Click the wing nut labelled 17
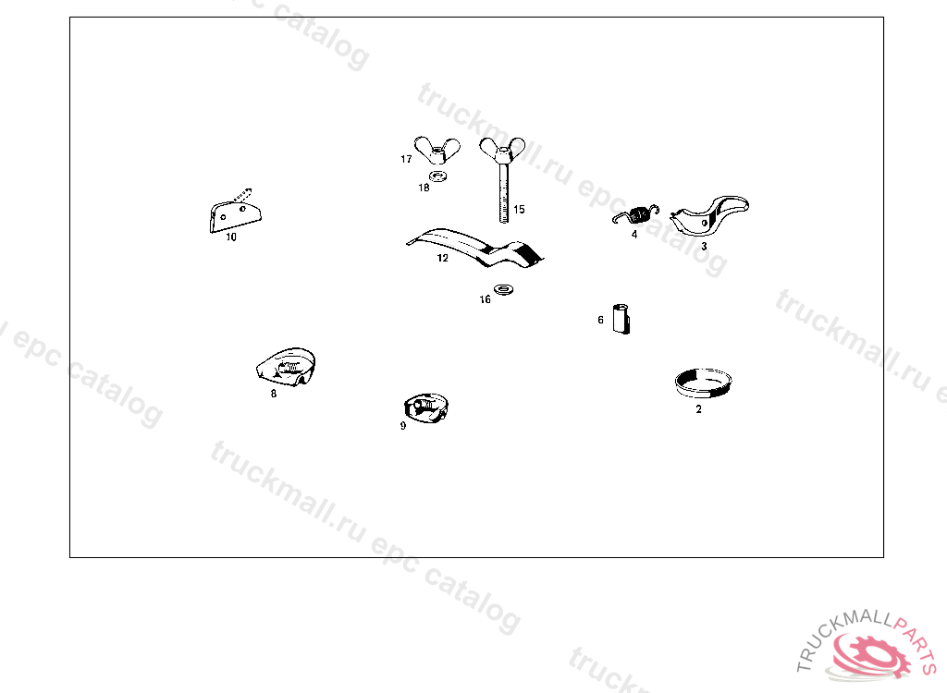pos(437,151)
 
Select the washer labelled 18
pos(437,176)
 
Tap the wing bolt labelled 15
pos(502,178)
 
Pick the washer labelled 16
pos(504,290)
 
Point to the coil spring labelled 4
pos(636,215)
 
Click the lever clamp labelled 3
pos(709,215)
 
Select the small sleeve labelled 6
pos(621,319)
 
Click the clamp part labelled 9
pos(425,408)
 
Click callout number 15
pos(520,210)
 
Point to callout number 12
pos(443,259)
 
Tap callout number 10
pos(231,237)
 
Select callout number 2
pos(699,409)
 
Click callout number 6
pos(600,320)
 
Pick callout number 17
pos(407,159)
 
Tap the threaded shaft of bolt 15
pos(504,193)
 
